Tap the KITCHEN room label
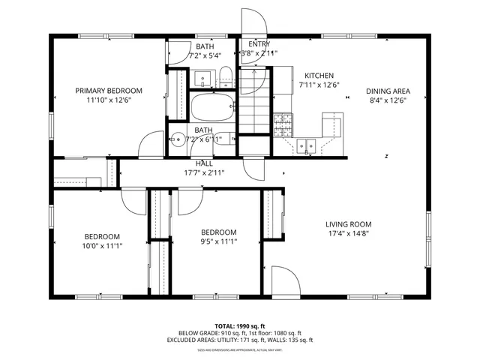coord(319,76)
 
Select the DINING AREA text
coord(388,91)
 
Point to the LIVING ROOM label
coord(348,223)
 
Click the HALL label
coord(204,163)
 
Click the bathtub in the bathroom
coord(213,107)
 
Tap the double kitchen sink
coord(307,145)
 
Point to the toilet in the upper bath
coord(224,74)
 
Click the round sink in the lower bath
coord(178,138)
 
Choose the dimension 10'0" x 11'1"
coord(102,245)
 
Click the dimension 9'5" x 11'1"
coord(218,241)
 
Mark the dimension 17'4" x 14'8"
coord(348,233)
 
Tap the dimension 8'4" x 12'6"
coord(388,100)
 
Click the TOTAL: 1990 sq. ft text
coord(240,326)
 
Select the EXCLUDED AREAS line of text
coord(240,340)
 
